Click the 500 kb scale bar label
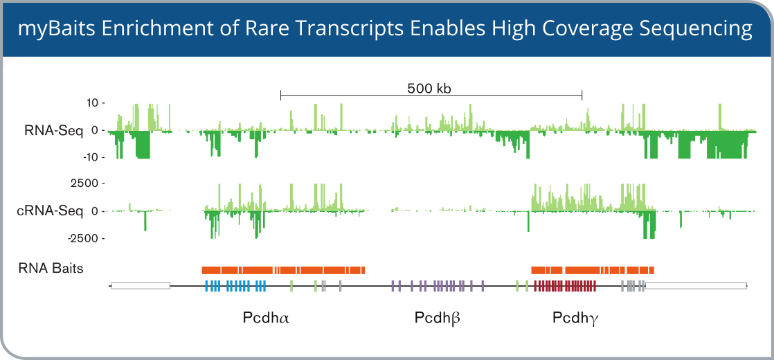(x=430, y=89)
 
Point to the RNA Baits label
(x=51, y=269)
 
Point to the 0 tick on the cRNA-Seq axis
(x=97, y=211)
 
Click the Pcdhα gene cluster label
(x=266, y=318)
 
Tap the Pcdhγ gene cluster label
(x=575, y=318)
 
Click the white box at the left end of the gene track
(x=141, y=285)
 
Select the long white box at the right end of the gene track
(x=696, y=285)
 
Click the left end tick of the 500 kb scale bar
(x=280, y=96)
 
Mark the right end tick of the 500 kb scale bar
(x=582, y=96)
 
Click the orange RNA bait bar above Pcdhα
(x=283, y=270)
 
